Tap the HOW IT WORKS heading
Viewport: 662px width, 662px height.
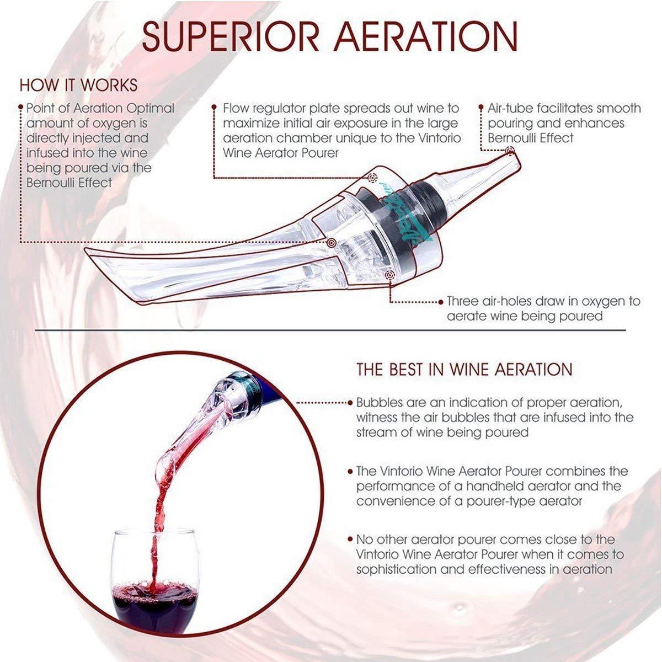(x=79, y=85)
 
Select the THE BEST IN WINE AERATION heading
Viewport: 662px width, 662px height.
(x=465, y=369)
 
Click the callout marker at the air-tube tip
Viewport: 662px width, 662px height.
(x=510, y=151)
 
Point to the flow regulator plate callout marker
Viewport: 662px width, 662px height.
(x=372, y=178)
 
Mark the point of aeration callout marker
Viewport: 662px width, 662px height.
(x=331, y=243)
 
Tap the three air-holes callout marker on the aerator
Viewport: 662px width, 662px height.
(x=389, y=275)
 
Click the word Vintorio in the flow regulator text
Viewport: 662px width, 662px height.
(x=439, y=138)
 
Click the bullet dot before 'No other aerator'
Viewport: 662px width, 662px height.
(x=350, y=540)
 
